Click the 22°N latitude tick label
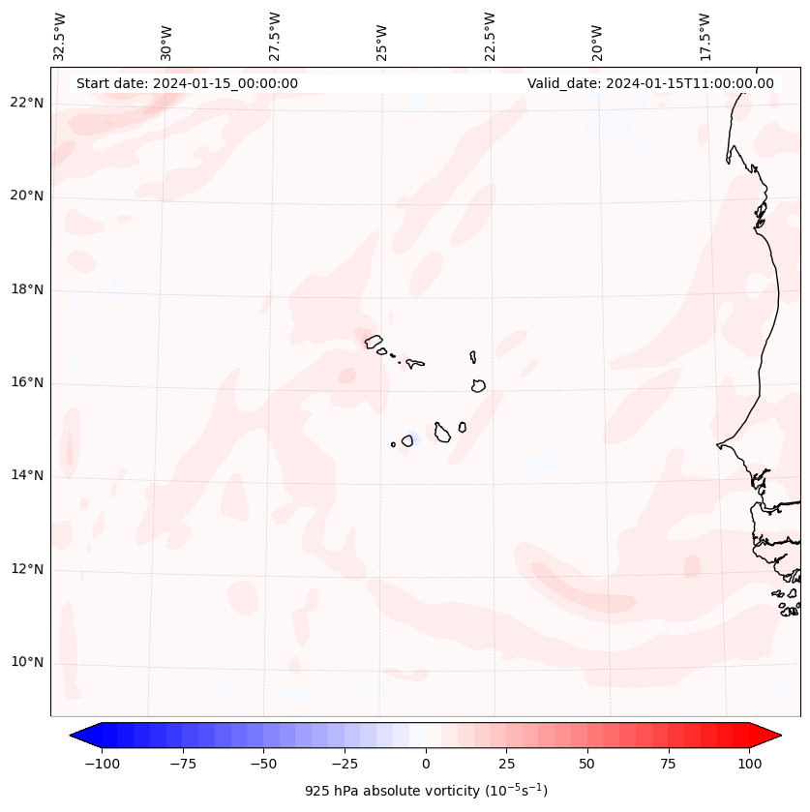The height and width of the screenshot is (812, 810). [28, 104]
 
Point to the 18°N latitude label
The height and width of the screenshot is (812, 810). [28, 289]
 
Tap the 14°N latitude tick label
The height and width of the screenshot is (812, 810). [28, 476]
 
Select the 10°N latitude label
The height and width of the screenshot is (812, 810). [28, 663]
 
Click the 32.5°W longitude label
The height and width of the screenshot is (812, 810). [60, 36]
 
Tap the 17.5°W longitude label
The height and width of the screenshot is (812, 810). [705, 36]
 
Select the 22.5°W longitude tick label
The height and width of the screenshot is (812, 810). [490, 36]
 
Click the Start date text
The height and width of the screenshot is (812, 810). [187, 83]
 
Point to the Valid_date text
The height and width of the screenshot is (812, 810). [650, 83]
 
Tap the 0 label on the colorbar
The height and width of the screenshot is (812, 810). [425, 764]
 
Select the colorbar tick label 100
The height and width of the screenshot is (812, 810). [749, 764]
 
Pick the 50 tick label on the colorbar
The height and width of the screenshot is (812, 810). [586, 764]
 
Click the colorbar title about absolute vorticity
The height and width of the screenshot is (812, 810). [426, 791]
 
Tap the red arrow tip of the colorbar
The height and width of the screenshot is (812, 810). [774, 737]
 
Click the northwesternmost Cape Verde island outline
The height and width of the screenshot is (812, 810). [374, 342]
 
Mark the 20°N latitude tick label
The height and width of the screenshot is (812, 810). [28, 196]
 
